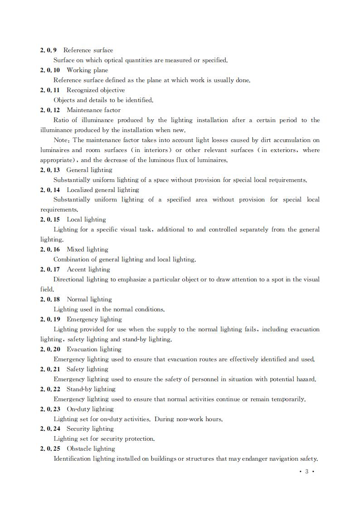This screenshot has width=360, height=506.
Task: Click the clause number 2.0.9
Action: click(x=49, y=50)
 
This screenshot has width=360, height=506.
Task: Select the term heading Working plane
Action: click(x=87, y=70)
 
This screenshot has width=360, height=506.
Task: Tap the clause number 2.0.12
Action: click(x=50, y=110)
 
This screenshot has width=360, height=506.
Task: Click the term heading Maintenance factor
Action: click(x=93, y=110)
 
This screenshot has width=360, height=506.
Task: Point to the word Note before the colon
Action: click(x=61, y=140)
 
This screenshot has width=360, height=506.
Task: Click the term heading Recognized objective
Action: click(x=96, y=90)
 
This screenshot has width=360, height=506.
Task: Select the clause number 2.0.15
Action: click(x=50, y=220)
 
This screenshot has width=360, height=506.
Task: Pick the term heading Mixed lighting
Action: click(x=87, y=250)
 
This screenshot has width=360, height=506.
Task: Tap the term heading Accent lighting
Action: click(x=88, y=270)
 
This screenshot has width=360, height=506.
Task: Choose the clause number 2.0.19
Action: click(x=50, y=319)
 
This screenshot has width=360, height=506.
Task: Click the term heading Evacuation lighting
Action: click(x=94, y=349)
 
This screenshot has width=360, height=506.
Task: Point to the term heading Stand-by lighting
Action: click(x=91, y=389)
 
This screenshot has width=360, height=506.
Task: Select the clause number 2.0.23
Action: click(x=50, y=409)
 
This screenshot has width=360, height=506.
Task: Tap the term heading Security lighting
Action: click(x=90, y=429)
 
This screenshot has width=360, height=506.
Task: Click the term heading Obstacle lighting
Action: click(x=91, y=449)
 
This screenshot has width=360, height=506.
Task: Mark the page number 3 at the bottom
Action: click(x=306, y=472)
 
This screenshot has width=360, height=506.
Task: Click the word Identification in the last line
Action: click(x=73, y=459)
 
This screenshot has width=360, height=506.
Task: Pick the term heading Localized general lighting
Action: click(x=102, y=190)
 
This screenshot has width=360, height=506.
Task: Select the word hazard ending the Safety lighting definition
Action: click(x=305, y=379)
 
